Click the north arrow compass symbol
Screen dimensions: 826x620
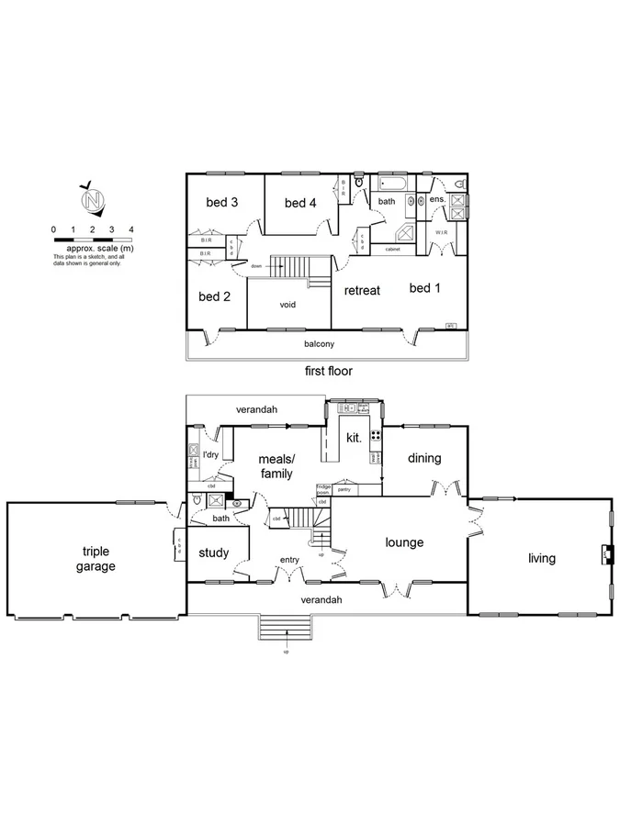click(91, 197)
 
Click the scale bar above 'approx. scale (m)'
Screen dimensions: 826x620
click(93, 238)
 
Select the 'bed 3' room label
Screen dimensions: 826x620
click(222, 203)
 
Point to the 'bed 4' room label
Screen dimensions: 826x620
click(300, 203)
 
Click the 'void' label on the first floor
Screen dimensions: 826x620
click(288, 305)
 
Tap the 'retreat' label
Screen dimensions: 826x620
click(362, 290)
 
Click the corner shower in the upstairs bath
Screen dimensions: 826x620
click(405, 232)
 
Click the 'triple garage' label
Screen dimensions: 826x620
click(96, 559)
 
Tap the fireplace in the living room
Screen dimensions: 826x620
click(605, 553)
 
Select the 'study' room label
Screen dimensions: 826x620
click(214, 553)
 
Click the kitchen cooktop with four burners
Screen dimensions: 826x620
click(375, 435)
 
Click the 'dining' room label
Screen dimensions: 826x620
click(424, 458)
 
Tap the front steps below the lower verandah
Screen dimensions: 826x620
click(286, 629)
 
